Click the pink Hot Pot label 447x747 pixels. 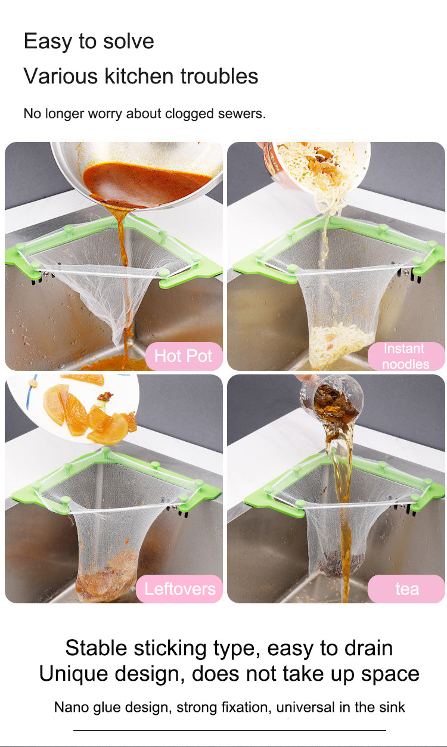tap(184, 356)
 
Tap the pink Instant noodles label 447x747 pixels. tap(406, 356)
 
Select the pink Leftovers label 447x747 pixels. tap(179, 588)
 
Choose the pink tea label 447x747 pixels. tap(406, 588)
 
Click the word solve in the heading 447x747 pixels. tap(128, 41)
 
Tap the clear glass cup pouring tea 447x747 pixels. tap(331, 398)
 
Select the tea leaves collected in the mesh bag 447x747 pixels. tap(340, 563)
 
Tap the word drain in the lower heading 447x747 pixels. tap(368, 648)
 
